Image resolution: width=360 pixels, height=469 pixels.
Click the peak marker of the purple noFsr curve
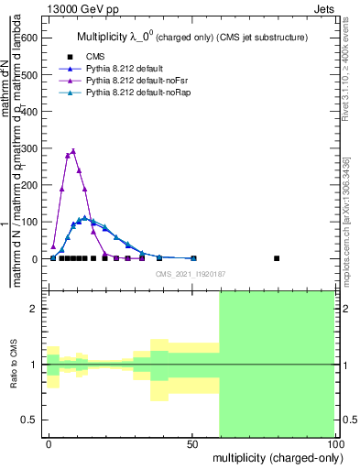(73, 151)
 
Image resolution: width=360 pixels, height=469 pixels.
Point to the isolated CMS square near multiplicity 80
(278, 258)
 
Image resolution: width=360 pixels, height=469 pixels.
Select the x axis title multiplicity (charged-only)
(274, 456)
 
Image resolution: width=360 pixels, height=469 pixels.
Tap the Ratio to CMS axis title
(14, 364)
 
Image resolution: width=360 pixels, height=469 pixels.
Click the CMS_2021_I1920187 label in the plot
(191, 274)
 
